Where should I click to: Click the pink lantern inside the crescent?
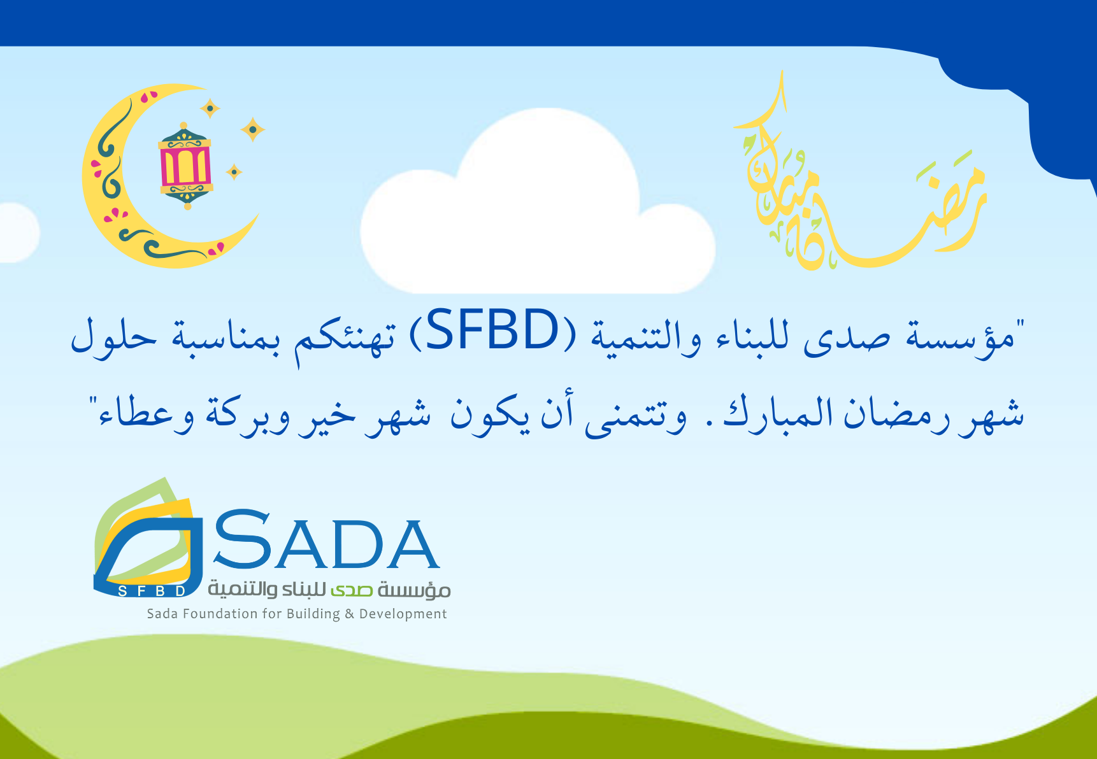tap(185, 166)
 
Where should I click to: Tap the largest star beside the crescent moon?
tap(253, 130)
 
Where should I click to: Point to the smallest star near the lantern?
tap(234, 172)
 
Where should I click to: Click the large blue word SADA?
tap(327, 540)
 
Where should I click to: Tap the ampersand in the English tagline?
tap(349, 614)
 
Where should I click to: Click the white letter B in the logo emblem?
tap(161, 591)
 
